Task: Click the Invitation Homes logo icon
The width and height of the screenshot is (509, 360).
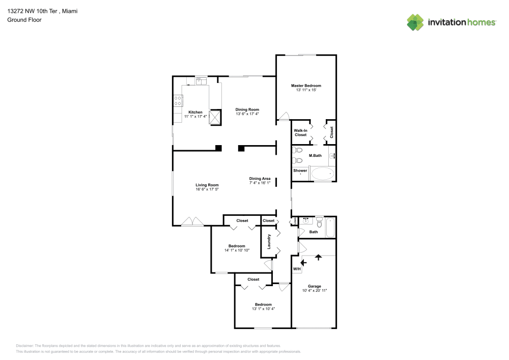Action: (415, 22)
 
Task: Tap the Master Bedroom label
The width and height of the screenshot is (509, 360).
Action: (306, 86)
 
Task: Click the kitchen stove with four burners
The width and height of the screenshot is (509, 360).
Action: (178, 101)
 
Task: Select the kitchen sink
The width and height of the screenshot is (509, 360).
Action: (201, 80)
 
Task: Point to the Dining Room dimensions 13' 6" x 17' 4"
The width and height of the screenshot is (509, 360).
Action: (247, 114)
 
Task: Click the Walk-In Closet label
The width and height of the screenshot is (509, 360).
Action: (300, 132)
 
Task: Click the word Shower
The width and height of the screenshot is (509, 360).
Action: (300, 171)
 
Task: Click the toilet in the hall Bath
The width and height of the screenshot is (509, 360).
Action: (319, 222)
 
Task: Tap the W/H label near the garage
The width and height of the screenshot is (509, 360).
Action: (296, 269)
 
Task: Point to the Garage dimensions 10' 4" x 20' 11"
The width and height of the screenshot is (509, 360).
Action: (314, 290)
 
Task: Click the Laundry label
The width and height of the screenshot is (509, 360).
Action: (268, 241)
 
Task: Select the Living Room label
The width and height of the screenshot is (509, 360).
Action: (207, 185)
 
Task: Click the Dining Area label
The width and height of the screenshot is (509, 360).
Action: (260, 178)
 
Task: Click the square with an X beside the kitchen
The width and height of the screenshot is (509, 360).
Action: (216, 117)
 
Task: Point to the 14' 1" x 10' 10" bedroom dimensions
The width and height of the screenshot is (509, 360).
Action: (237, 250)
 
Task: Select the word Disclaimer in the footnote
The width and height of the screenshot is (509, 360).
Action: (25, 345)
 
